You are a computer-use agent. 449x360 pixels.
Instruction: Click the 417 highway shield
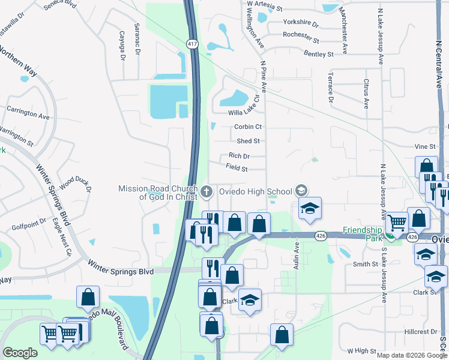pos(192,44)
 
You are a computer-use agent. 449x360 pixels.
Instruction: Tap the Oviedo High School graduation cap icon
pos(301,191)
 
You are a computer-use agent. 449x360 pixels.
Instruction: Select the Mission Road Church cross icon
pos(206,192)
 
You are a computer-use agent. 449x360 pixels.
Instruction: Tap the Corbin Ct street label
pos(248,127)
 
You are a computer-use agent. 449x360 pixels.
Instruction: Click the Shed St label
pos(248,141)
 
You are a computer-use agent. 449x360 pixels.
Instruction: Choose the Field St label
pos(237,169)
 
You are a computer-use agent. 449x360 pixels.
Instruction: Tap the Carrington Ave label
pos(28,112)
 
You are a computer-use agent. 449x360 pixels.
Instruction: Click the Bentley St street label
pos(318,55)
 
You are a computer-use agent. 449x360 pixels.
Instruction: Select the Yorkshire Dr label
pos(301,22)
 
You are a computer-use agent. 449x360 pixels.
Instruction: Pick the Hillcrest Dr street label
pos(421,331)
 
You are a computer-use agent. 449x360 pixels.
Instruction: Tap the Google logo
pos(20,353)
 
